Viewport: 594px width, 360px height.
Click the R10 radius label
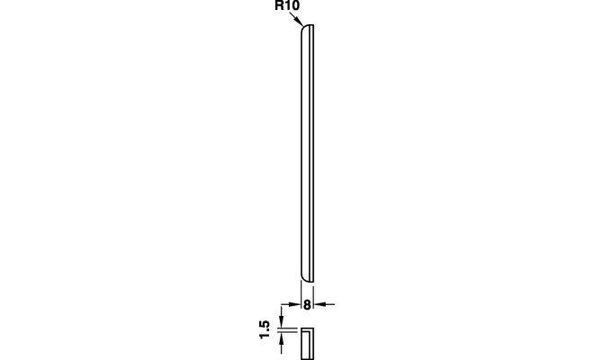(287, 5)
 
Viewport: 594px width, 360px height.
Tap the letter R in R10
(279, 5)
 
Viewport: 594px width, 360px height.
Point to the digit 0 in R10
(295, 5)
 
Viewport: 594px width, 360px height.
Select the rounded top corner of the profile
(303, 28)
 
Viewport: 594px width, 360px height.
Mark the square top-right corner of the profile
(314, 24)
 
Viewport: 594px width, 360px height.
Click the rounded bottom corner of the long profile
(303, 278)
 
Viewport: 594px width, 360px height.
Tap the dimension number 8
(307, 305)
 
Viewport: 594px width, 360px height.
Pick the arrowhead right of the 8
(319, 304)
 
